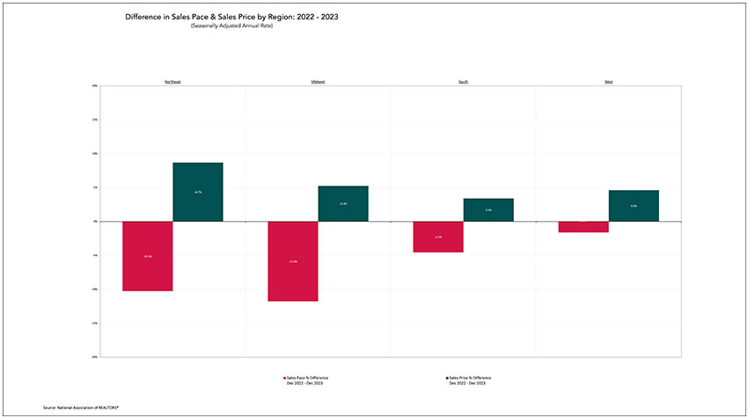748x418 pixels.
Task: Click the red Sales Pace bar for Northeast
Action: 148,256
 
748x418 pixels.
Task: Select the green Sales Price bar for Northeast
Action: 198,192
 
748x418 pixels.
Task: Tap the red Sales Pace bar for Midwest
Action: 293,261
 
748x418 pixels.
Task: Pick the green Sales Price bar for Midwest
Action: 343,203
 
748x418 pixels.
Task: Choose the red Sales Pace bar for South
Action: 438,237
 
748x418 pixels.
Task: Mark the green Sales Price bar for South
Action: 488,209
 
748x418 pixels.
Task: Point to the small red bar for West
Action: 583,227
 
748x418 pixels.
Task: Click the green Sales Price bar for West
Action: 634,206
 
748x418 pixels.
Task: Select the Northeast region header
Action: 172,82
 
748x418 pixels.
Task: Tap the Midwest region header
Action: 318,82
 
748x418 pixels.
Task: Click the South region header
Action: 463,82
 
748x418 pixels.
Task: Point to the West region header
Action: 608,82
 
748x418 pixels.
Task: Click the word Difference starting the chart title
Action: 143,17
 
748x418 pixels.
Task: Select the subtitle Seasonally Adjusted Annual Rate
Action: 232,25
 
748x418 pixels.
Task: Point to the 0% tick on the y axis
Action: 95,222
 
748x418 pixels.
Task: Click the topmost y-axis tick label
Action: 94,86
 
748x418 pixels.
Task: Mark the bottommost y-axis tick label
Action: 94,357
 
